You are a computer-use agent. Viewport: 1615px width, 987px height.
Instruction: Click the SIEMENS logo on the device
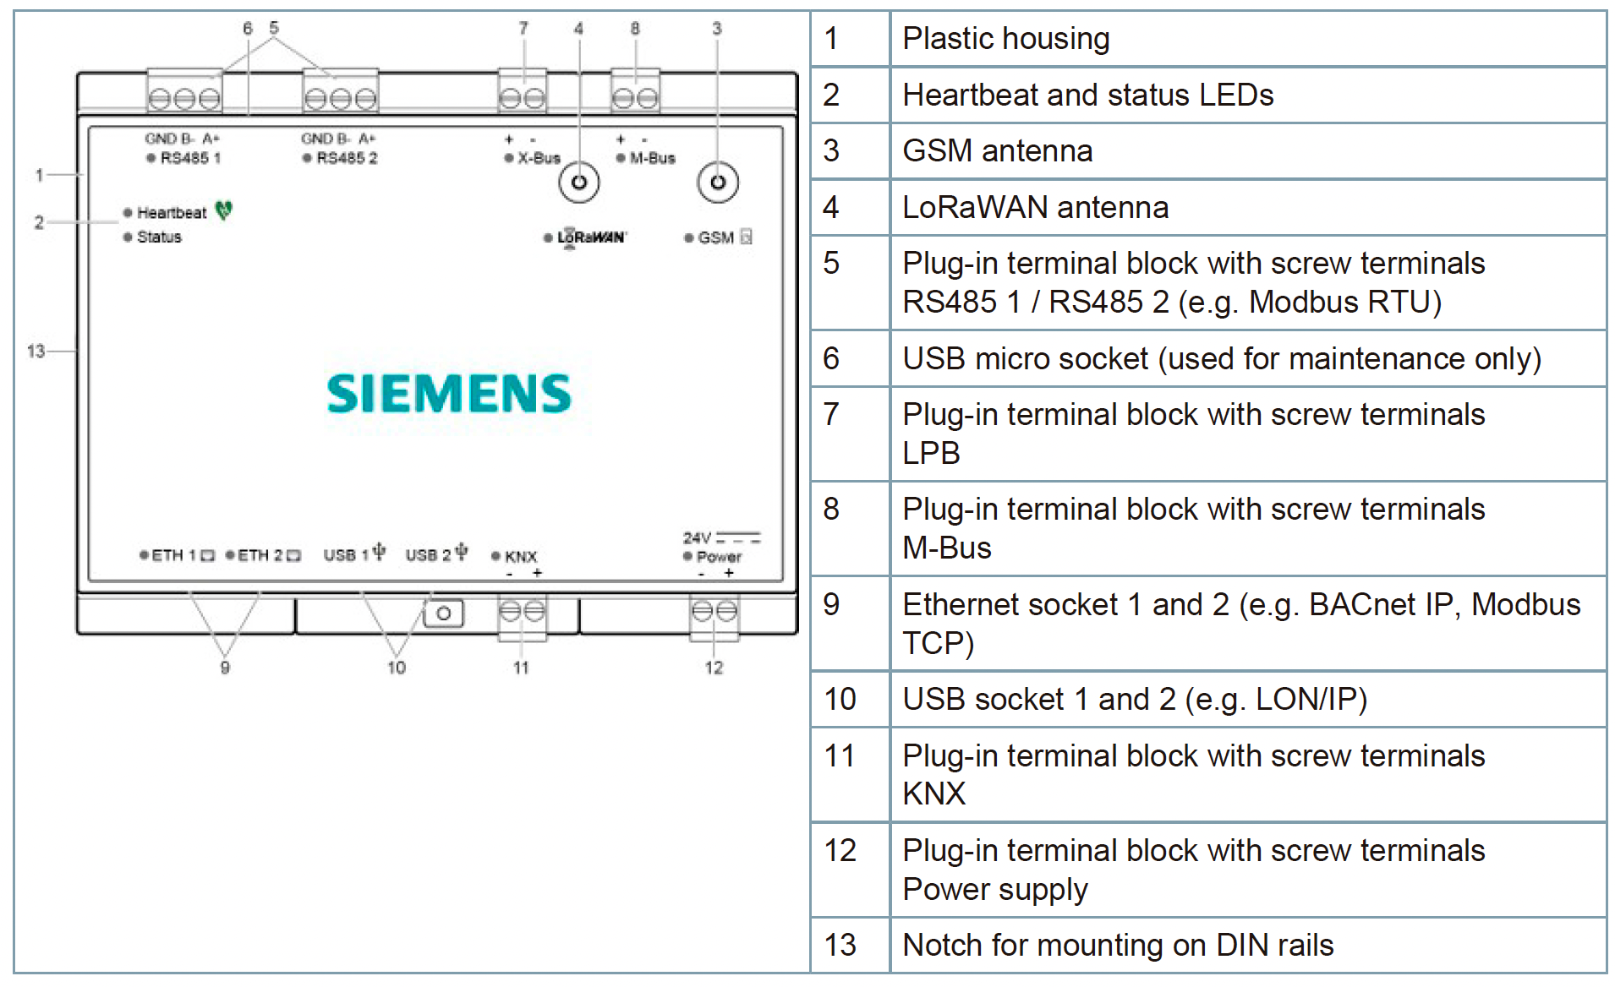click(449, 394)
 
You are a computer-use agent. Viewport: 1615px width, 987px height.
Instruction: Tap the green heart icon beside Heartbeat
click(223, 210)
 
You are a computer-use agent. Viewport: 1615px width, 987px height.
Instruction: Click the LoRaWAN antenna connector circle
click(579, 183)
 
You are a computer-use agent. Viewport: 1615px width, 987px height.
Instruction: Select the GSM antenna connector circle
click(718, 183)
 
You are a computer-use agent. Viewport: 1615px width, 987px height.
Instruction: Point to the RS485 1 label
click(190, 158)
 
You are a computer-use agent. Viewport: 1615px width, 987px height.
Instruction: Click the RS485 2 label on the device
click(347, 158)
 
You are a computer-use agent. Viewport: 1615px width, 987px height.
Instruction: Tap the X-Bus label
click(539, 158)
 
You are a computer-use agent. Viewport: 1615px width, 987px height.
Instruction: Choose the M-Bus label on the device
click(652, 158)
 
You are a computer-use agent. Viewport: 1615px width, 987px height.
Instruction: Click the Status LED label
click(159, 237)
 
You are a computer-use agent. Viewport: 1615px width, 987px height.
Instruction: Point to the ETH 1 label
click(173, 555)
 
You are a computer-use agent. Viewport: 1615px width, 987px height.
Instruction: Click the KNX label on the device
click(521, 556)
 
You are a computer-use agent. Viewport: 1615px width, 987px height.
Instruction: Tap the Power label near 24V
click(719, 557)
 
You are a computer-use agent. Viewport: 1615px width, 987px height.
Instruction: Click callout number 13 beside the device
click(36, 351)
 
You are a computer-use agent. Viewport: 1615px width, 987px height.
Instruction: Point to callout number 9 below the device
click(225, 668)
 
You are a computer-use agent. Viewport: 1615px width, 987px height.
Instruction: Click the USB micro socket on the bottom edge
click(443, 613)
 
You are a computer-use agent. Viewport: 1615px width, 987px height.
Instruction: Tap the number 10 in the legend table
click(840, 699)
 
